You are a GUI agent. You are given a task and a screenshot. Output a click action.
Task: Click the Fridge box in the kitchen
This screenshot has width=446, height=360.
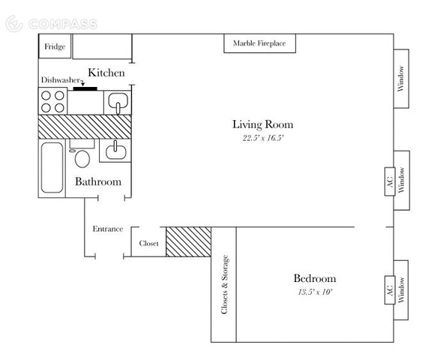coord(55,46)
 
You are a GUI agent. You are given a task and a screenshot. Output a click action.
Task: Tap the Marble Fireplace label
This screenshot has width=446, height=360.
coord(259,43)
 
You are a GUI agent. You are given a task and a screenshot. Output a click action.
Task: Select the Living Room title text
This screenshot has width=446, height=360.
coord(263,124)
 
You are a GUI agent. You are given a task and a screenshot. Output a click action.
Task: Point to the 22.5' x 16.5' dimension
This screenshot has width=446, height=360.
coord(263,138)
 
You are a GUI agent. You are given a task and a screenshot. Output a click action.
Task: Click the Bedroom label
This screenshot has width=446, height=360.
coord(315,278)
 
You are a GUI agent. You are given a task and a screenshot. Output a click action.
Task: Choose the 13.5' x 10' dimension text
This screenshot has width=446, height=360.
coord(315,292)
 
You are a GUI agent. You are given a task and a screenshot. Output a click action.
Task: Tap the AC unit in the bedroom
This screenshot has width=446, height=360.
coord(390,290)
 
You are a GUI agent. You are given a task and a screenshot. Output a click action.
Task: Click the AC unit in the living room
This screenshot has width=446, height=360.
coord(390,181)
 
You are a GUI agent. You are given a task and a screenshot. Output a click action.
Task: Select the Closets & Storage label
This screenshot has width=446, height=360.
coord(225,284)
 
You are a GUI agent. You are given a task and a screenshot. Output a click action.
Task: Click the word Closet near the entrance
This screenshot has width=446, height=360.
coord(148,243)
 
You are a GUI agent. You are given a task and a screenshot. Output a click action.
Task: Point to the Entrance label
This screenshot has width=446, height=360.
coord(108,229)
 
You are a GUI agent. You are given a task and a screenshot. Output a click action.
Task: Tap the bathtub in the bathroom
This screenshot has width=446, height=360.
coord(52,167)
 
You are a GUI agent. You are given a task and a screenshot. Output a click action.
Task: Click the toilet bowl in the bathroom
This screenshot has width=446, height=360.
coord(82,159)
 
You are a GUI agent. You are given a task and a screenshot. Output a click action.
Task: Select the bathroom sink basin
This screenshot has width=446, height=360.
coord(115,151)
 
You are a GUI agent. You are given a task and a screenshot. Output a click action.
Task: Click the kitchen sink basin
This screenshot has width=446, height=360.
coord(118,101)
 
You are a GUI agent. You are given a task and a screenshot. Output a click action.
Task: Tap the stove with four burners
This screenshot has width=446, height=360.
coord(52,101)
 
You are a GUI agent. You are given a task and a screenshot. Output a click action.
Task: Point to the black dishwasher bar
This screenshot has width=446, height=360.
coord(85,88)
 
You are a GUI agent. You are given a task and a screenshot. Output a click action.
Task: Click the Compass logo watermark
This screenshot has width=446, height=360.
coord(52,24)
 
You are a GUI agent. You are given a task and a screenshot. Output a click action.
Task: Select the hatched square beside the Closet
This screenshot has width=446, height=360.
coord(188,242)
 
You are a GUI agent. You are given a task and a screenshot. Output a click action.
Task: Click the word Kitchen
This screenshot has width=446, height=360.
coord(106,73)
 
